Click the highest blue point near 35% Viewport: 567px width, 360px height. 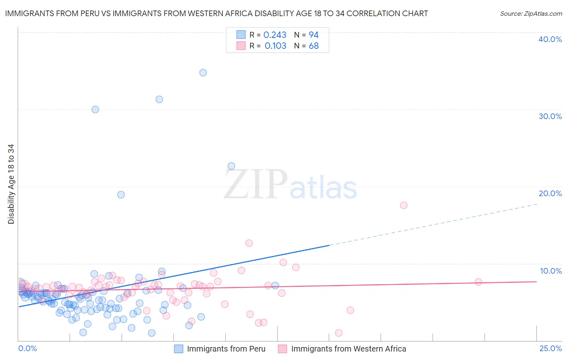(203, 73)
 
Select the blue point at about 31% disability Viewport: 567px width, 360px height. (159, 99)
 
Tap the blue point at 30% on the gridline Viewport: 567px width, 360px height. (95, 109)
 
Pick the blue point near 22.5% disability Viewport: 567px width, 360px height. (231, 166)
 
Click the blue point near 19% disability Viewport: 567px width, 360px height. (121, 195)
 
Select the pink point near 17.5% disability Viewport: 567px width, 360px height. (404, 205)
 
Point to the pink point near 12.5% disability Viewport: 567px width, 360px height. (249, 243)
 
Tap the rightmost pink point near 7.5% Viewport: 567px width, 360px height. (478, 282)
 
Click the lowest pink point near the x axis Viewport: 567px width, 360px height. (339, 333)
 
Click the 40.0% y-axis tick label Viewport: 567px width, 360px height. (550, 39)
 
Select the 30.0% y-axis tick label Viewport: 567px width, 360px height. (550, 116)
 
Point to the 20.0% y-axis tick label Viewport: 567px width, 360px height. (550, 193)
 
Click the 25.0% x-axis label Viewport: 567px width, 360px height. (550, 349)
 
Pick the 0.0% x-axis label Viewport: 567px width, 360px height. (27, 349)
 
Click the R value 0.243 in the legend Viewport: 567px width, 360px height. (275, 35)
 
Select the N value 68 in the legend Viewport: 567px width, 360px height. (314, 46)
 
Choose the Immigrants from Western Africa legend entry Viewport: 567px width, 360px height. (348, 349)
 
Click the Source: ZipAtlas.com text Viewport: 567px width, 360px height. (531, 14)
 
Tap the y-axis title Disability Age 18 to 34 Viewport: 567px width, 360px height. (11, 184)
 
